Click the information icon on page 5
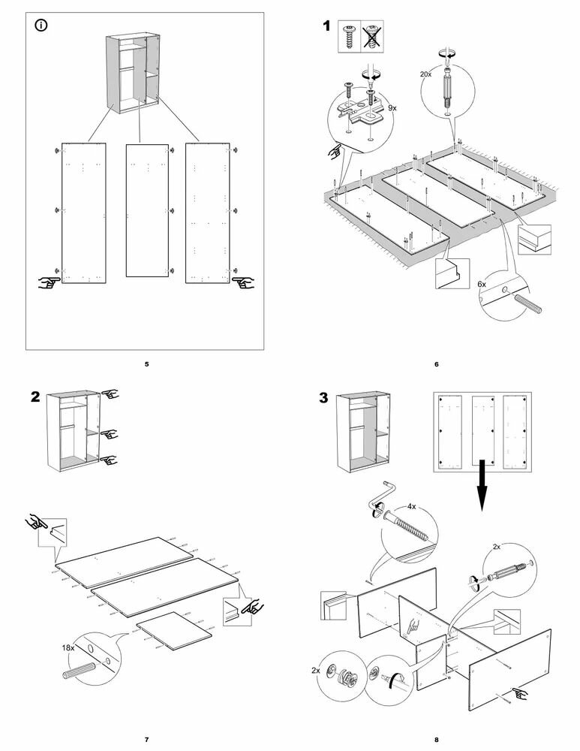[x=41, y=26]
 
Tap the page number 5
[x=146, y=364]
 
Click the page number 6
[x=436, y=364]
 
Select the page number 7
[x=146, y=740]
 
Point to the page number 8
[x=436, y=740]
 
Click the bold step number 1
[x=326, y=26]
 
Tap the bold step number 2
[x=35, y=398]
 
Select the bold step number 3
[x=324, y=398]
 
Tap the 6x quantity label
[x=482, y=285]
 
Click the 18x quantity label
[x=69, y=647]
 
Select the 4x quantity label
[x=411, y=506]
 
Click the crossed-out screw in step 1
[x=370, y=36]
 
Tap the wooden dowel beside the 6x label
[x=530, y=302]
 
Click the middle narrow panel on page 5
[x=146, y=210]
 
